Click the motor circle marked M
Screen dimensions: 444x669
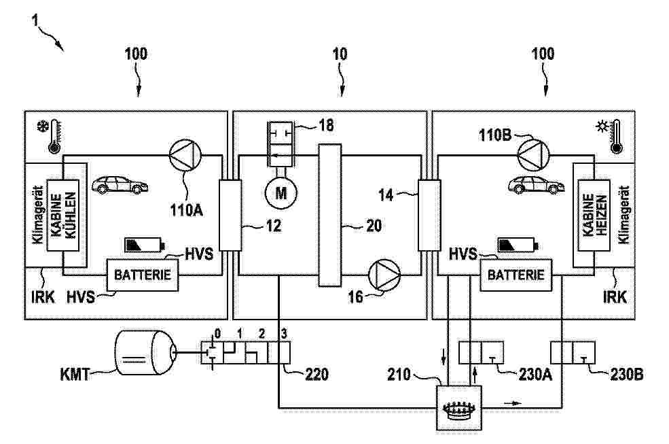coord(281,194)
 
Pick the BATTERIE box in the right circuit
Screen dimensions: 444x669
coord(516,275)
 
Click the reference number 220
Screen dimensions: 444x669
coord(316,373)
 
